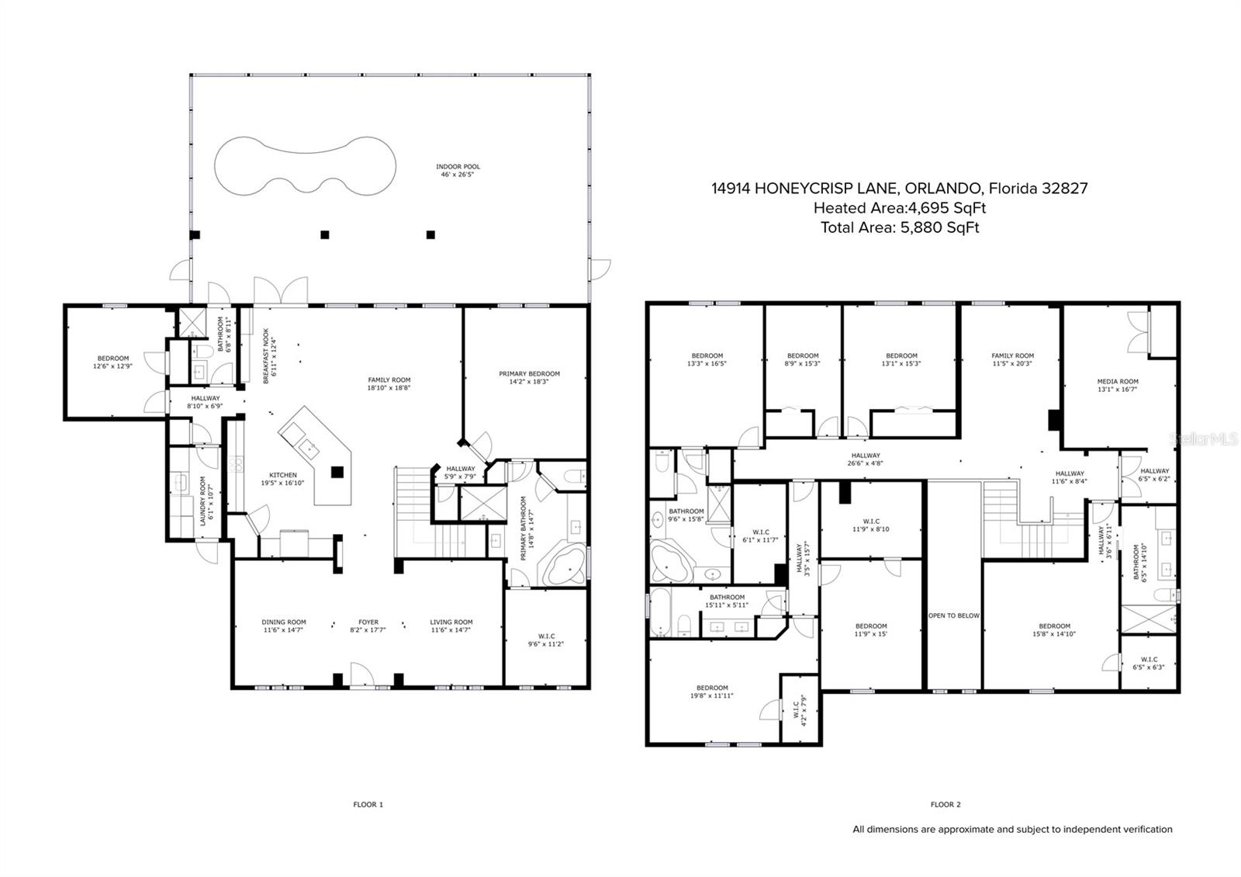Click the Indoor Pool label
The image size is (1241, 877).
(x=458, y=170)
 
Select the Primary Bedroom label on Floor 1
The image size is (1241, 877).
(x=529, y=377)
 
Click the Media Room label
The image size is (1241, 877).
(x=1118, y=385)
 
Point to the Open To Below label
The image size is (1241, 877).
(x=953, y=615)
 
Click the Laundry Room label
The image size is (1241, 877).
(x=206, y=501)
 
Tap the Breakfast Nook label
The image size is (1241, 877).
(x=269, y=356)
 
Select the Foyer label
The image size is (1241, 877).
(x=368, y=626)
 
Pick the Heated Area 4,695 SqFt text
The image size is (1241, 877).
(x=900, y=208)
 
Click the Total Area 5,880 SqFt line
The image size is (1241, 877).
(x=900, y=227)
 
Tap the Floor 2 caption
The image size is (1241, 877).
(x=945, y=804)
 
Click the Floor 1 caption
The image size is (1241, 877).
(x=368, y=804)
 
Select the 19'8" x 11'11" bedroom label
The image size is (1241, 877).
(x=712, y=692)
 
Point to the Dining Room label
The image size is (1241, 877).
(x=284, y=626)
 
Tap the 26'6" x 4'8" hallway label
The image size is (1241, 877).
(x=866, y=459)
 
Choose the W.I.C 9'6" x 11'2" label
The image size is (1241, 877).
(x=546, y=640)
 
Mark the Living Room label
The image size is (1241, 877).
(x=451, y=626)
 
